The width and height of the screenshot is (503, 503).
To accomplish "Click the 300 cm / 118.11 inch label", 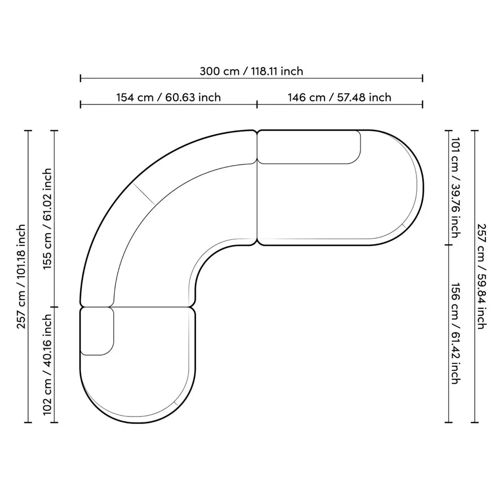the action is pos(251,71).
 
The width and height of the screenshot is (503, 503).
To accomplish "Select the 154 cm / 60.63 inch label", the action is pos(169,97).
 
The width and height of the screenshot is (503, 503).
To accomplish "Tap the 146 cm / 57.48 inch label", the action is pos(340,97).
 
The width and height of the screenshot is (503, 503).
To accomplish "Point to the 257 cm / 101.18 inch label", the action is pos(21,276).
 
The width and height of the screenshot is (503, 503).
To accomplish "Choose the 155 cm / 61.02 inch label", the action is pos(47,219).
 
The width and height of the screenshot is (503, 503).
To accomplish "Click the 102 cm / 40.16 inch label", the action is pos(47,364).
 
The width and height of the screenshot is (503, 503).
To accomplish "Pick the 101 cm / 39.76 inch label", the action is pos(456,187).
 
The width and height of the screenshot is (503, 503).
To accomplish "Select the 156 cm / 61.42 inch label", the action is pos(456,333).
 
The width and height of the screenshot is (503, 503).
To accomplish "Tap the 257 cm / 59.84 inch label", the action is pos(482,276).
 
